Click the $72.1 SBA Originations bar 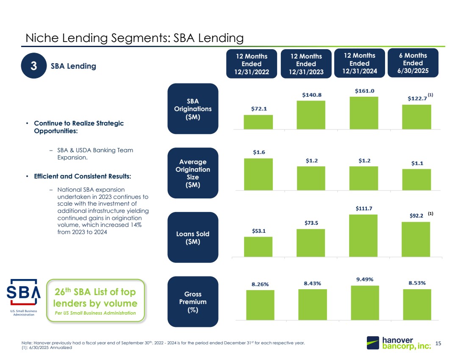(258, 122)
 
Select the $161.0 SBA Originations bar (363, 113)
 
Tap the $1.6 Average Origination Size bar (258, 174)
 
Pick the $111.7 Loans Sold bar (363, 235)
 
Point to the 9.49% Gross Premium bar (365, 302)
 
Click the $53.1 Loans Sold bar (258, 246)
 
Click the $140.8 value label (311, 95)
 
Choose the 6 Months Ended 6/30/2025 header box (413, 63)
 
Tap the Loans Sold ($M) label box (193, 238)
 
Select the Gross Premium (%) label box (193, 302)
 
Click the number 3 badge (34, 67)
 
